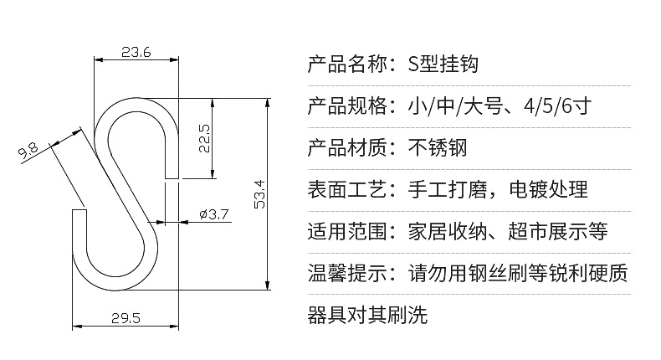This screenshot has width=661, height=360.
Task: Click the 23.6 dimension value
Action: coord(136,53)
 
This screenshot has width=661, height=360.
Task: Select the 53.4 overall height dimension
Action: coord(259,194)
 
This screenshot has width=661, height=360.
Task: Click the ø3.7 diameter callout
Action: coord(215,214)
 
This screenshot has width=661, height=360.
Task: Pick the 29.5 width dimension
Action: coord(124,316)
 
